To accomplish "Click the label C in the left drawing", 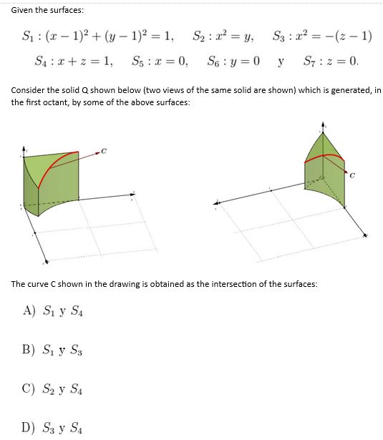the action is coord(104,150).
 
